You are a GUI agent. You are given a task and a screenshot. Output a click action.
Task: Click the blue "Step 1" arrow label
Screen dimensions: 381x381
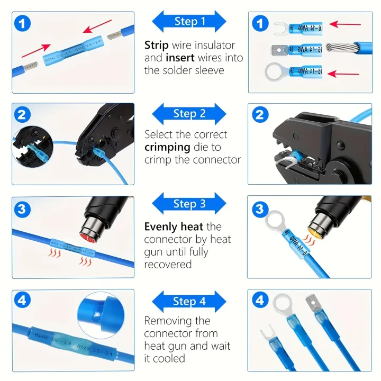(189, 22)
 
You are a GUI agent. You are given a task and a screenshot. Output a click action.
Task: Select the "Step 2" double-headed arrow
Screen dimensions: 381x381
(189, 114)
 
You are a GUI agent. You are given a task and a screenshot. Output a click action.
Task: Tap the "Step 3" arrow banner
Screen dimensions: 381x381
(189, 204)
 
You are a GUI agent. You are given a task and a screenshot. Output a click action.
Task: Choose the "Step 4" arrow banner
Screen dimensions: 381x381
(189, 302)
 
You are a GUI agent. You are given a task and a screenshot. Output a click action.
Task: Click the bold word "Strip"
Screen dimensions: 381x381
(157, 46)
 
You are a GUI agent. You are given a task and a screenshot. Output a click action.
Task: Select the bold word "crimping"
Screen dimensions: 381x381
(167, 147)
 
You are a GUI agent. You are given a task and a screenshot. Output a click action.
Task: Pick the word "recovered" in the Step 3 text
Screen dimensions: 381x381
(168, 264)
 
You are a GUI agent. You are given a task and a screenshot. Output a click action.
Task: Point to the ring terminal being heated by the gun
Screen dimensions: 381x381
(275, 222)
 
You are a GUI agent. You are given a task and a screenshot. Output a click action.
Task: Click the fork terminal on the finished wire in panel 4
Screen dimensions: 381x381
(267, 339)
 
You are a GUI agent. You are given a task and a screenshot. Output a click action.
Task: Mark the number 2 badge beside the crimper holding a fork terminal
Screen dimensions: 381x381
(259, 114)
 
